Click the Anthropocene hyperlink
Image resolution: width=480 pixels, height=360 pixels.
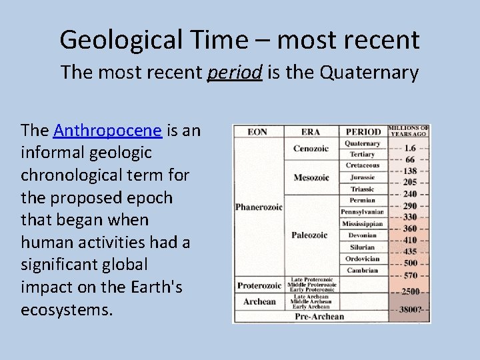tap(107, 129)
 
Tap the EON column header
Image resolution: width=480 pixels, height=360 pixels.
tap(257, 132)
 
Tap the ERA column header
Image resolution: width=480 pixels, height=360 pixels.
tap(311, 132)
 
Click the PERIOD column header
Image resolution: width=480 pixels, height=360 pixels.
tap(363, 132)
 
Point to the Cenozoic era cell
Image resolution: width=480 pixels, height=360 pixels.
tap(311, 148)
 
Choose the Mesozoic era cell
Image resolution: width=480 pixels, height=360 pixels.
tap(311, 177)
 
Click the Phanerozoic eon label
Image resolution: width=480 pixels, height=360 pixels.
tap(259, 207)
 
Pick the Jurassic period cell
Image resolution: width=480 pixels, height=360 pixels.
tap(362, 177)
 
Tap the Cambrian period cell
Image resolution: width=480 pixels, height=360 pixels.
tap(362, 270)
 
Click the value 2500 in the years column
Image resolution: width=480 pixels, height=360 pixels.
tap(410, 291)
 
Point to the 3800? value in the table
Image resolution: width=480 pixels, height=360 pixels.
tap(410, 310)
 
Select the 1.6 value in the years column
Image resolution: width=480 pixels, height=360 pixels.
tap(410, 148)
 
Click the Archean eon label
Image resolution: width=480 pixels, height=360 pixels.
tap(259, 301)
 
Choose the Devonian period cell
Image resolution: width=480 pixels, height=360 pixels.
tap(362, 235)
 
